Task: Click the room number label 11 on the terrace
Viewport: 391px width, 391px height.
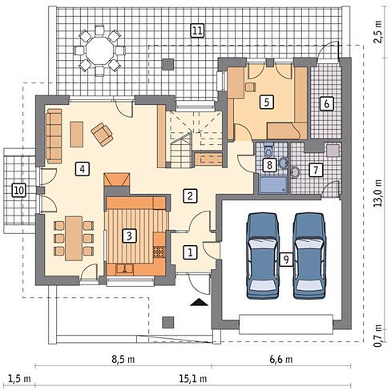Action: click(x=197, y=30)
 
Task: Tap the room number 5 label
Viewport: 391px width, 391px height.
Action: click(x=267, y=103)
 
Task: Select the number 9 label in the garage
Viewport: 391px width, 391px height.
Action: click(x=286, y=259)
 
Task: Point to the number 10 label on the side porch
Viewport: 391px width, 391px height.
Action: click(x=19, y=191)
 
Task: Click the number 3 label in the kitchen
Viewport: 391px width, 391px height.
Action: click(x=129, y=236)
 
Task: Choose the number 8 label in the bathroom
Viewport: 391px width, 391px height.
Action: click(x=269, y=165)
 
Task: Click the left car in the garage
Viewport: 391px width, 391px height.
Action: click(x=263, y=256)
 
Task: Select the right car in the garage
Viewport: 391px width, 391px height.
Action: click(x=310, y=256)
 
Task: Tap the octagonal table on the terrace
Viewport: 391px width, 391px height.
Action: click(x=99, y=50)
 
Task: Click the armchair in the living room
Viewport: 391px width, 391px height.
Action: click(x=102, y=135)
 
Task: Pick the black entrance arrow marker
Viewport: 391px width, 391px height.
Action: click(x=200, y=302)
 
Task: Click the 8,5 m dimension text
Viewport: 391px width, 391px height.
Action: click(x=123, y=360)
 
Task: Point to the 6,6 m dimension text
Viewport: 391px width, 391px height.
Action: click(x=281, y=360)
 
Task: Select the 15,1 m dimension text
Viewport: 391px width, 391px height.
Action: click(x=193, y=378)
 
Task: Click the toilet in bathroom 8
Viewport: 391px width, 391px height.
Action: click(x=268, y=150)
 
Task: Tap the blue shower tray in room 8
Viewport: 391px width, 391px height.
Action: click(x=273, y=184)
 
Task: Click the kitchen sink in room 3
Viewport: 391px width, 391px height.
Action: click(x=124, y=269)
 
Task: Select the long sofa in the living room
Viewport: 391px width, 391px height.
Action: click(x=54, y=135)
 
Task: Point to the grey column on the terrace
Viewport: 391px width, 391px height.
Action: click(x=168, y=64)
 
